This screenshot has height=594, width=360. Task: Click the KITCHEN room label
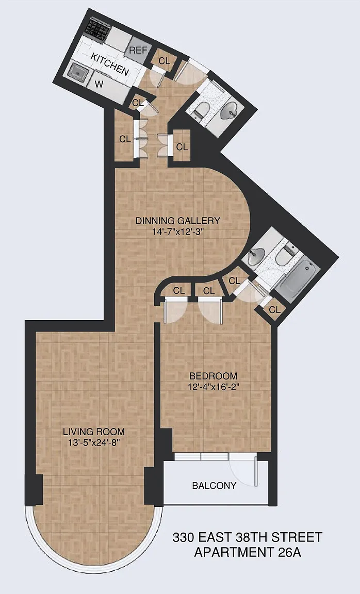click(x=110, y=64)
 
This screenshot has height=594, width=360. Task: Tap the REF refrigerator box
click(x=138, y=51)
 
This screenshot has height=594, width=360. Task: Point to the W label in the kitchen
click(x=99, y=84)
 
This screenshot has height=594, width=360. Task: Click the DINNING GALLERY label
click(x=178, y=221)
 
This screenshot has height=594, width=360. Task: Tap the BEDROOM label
click(x=214, y=376)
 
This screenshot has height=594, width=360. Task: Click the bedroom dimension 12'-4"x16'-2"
click(x=214, y=387)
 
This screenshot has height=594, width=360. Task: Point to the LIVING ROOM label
click(x=93, y=432)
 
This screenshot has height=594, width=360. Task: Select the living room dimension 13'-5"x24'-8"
click(x=94, y=442)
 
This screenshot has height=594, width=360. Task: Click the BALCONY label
click(x=214, y=486)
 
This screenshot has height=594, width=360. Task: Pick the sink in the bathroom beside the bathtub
click(x=257, y=257)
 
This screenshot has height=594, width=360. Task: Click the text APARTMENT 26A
click(x=248, y=552)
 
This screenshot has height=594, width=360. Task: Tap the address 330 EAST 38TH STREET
click(x=248, y=537)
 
